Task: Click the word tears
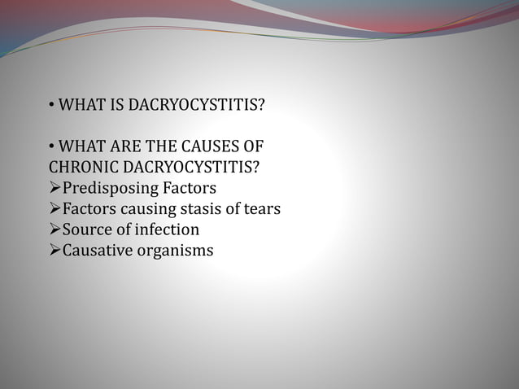[x=263, y=209]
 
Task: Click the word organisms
[x=175, y=251]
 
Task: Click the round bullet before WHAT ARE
[x=50, y=148]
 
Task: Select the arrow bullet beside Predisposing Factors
[x=55, y=189]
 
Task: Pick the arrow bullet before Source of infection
[x=55, y=230]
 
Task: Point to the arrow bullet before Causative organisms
[x=55, y=251]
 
